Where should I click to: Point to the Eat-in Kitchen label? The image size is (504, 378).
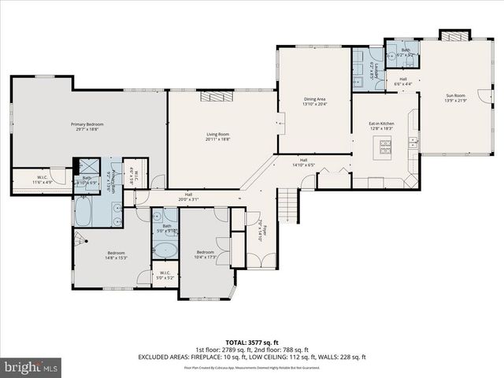[381, 127]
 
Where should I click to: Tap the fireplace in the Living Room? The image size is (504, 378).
[213, 96]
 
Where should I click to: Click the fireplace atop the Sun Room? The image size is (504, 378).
[452, 35]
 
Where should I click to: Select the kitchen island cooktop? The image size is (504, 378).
[385, 144]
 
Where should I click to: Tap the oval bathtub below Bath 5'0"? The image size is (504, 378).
[165, 251]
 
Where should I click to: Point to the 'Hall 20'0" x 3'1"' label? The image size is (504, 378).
[188, 197]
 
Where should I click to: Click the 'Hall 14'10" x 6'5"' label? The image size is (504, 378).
[302, 163]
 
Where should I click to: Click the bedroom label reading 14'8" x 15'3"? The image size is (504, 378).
[116, 256]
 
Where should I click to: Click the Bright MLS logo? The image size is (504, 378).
[31, 367]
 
